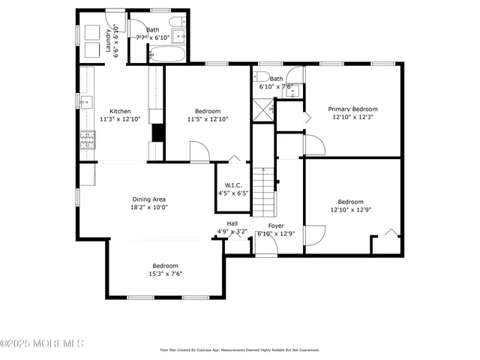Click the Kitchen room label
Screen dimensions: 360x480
120,112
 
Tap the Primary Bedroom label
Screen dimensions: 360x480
352,109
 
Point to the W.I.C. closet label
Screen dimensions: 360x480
232,185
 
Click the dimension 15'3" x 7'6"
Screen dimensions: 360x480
165,274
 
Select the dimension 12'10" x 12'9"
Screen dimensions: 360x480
350,209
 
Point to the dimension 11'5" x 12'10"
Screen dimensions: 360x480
207,118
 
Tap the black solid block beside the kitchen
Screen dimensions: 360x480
157,132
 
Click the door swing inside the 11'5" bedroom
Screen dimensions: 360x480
199,151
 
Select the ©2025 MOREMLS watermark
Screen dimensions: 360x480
42,344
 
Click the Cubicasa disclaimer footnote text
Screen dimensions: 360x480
240,349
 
